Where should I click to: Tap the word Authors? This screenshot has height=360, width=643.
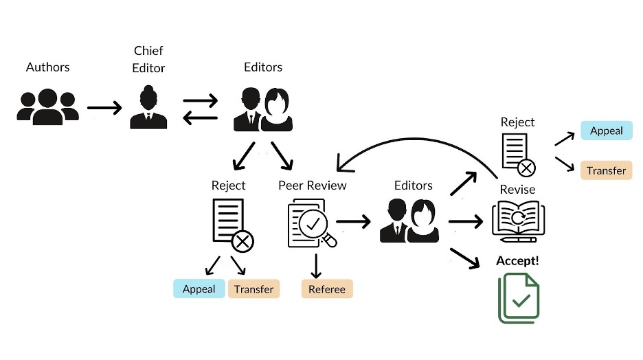(x=48, y=67)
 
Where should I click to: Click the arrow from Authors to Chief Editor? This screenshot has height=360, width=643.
(x=104, y=108)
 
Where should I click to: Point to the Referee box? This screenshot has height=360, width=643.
(x=327, y=289)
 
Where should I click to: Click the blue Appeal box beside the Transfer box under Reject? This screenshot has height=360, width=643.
(x=199, y=289)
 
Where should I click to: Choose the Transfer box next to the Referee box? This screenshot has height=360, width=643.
(x=253, y=289)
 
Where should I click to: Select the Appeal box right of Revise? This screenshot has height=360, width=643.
(x=607, y=131)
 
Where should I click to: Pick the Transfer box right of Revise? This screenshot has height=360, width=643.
(x=606, y=170)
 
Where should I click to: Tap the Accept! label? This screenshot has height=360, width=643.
(x=517, y=261)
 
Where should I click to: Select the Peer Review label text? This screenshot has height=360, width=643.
(x=313, y=185)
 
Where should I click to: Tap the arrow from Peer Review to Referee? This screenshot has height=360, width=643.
(x=317, y=265)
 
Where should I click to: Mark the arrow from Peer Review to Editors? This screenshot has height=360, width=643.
(x=353, y=221)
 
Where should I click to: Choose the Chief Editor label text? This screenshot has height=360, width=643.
(x=149, y=60)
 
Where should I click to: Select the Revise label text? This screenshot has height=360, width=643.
(x=518, y=190)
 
